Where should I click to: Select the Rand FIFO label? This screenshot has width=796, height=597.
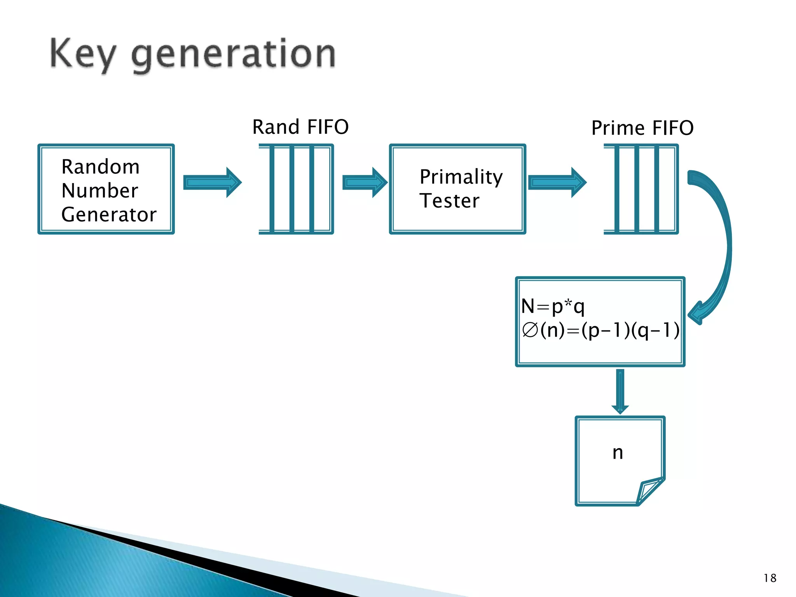tap(300, 127)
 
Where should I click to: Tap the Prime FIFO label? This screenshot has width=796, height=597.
tap(642, 128)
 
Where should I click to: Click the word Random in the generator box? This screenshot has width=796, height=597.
tap(100, 167)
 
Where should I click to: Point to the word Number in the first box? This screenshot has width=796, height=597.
tap(99, 190)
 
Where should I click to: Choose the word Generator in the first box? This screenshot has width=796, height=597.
tap(109, 215)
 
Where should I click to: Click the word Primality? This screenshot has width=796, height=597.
tap(461, 177)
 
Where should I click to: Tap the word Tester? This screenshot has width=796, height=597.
tap(449, 201)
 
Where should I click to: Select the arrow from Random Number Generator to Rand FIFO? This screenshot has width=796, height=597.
tap(212, 182)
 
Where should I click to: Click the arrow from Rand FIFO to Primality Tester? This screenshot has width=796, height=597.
tap(365, 182)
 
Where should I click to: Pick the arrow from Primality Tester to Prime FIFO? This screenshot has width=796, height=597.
tap(557, 182)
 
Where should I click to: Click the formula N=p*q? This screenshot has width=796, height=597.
tap(553, 306)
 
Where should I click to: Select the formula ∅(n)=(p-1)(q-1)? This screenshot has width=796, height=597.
tap(600, 330)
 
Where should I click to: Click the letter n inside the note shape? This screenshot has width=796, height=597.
tap(618, 453)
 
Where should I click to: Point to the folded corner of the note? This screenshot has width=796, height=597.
tap(650, 491)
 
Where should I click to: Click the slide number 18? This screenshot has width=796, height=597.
tap(770, 578)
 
